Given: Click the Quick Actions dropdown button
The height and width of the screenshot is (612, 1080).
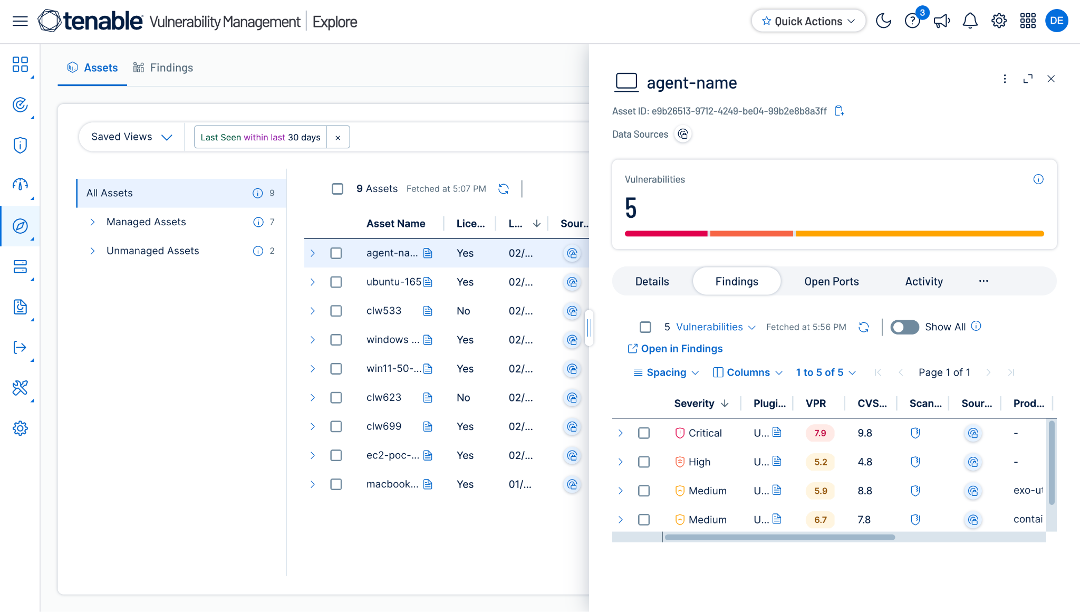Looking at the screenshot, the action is point(808,21).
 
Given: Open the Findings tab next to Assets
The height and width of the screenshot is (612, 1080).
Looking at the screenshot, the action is point(163,68).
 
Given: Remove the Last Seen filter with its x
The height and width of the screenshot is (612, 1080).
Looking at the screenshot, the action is point(338,137).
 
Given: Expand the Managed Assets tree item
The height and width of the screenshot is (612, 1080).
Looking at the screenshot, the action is point(93,222).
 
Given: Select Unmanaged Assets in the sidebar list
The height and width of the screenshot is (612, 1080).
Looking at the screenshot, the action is point(152,251).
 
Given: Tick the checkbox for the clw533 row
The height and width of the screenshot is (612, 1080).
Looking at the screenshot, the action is point(336,311).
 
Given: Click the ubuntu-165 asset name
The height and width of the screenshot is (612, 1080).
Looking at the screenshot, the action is point(394,282).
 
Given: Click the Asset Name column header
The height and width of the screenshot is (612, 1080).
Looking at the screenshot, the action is point(396,224).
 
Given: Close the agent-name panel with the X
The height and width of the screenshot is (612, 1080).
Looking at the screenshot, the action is point(1051,79).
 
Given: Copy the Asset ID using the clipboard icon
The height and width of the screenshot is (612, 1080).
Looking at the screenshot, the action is point(839,111).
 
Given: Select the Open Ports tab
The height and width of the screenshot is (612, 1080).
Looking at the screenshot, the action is point(832,282).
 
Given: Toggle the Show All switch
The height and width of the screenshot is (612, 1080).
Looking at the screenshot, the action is point(904,327).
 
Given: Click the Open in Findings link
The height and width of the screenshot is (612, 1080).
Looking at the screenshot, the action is point(675,349).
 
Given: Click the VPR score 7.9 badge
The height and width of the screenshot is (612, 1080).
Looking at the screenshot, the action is point(820,433).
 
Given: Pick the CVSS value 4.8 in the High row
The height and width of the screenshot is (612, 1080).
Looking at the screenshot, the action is point(865,462).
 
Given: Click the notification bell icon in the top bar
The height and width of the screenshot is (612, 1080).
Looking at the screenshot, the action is point(970,21).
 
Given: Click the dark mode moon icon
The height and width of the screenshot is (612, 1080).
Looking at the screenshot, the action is point(883,21).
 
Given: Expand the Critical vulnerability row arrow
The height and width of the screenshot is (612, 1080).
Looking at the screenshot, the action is point(621,433).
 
